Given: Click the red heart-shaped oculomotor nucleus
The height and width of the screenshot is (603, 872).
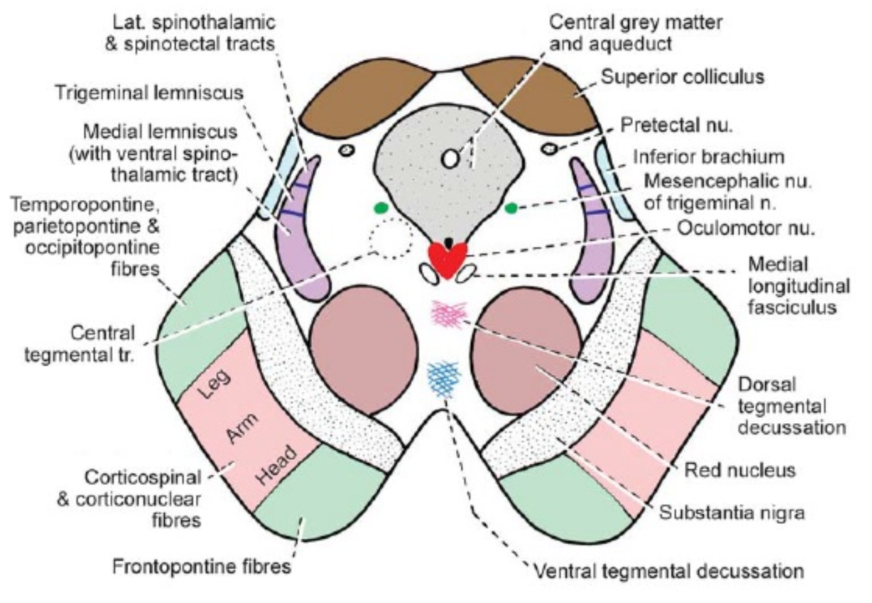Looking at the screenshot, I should [x=448, y=260].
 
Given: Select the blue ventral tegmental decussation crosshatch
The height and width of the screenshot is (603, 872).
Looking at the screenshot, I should [x=444, y=377].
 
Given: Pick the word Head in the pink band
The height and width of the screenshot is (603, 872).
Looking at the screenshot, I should [x=278, y=466].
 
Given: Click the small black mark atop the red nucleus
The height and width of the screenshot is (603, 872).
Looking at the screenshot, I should [x=448, y=242].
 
